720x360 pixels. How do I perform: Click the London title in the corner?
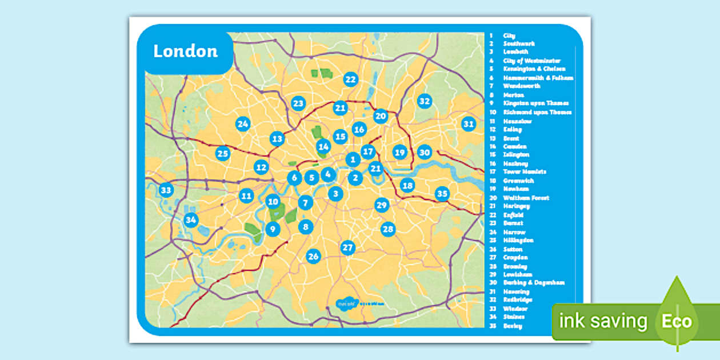(186, 51)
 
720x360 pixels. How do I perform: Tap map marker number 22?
(350, 80)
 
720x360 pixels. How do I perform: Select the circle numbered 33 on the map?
(166, 190)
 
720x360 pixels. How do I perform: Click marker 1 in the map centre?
(353, 160)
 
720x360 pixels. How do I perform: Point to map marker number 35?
(442, 194)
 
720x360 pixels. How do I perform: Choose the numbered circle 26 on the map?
(313, 256)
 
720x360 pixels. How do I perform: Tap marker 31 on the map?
(469, 124)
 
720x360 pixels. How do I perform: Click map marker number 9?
(273, 230)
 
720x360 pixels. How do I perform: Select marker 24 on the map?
(243, 124)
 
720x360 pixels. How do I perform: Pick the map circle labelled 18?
(407, 185)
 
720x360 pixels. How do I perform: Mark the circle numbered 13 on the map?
(277, 138)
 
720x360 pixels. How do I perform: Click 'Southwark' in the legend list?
(518, 43)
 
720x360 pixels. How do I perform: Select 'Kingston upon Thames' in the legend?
(535, 103)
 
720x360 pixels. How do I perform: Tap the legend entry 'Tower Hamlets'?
(525, 171)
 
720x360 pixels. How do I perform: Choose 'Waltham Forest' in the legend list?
(526, 198)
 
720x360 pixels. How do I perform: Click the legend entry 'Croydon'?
(515, 257)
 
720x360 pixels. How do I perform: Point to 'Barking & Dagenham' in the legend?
(534, 282)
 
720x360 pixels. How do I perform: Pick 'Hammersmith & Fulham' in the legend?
(538, 78)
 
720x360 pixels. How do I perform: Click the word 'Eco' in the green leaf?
(677, 321)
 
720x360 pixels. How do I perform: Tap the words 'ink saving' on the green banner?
(603, 322)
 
